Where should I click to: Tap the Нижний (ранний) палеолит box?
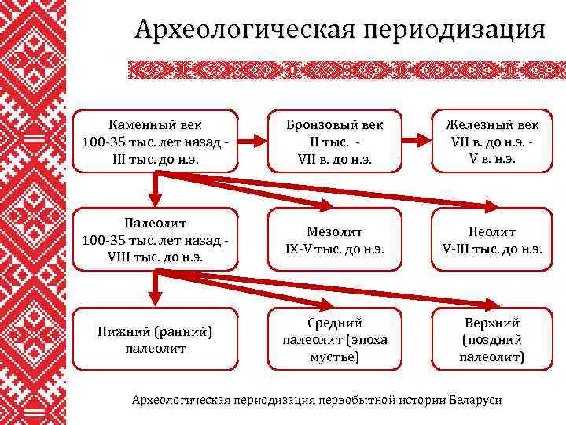[x=156, y=339]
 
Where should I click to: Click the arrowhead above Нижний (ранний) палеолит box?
[x=156, y=300]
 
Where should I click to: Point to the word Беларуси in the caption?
[x=476, y=400]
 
